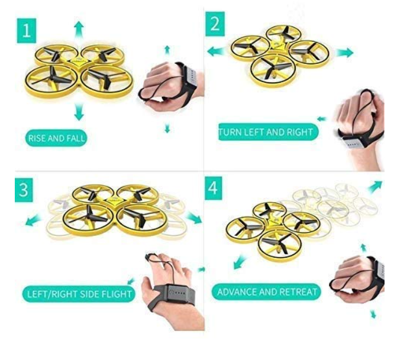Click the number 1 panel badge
tap(27, 31)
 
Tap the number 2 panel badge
tap(215, 24)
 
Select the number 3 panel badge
tap(24, 190)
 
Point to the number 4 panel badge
tap(214, 188)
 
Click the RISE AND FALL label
tap(56, 138)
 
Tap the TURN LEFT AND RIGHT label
tap(269, 132)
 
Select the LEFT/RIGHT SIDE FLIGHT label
tap(79, 294)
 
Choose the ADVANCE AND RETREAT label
tap(266, 291)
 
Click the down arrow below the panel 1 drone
tap(79, 112)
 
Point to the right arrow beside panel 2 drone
tap(344, 53)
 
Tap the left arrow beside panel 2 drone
tap(215, 51)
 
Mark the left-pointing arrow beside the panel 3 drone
tap(33, 220)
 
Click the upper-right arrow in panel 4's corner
tap(375, 187)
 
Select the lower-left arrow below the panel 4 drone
tap(240, 262)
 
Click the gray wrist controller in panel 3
tap(178, 293)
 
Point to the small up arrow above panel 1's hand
tap(167, 50)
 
